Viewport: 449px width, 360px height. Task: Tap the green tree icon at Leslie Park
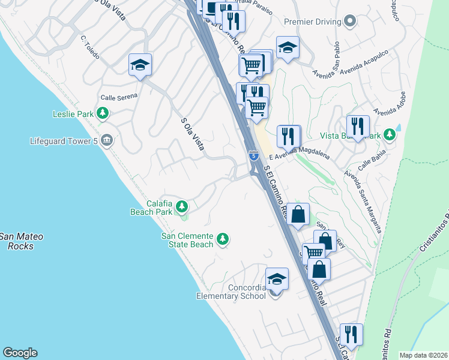click(103, 112)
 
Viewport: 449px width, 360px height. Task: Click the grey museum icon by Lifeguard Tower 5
click(106, 140)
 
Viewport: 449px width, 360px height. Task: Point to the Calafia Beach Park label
click(151, 208)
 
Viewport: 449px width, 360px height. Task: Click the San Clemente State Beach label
click(187, 240)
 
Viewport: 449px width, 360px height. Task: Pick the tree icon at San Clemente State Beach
click(223, 239)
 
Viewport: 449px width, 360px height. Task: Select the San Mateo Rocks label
click(21, 241)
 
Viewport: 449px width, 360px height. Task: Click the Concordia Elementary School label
click(231, 292)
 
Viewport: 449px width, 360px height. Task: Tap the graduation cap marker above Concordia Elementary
click(277, 279)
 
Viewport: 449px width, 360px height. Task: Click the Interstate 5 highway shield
click(254, 156)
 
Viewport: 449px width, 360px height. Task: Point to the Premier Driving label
click(312, 22)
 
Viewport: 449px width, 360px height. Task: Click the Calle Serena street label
click(119, 96)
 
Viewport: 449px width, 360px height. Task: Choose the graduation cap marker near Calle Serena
click(140, 65)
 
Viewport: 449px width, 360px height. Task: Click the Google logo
click(20, 353)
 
